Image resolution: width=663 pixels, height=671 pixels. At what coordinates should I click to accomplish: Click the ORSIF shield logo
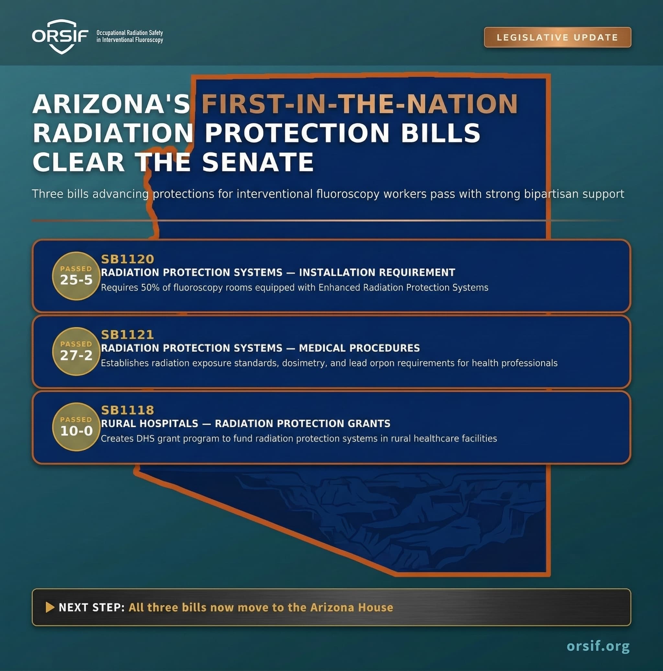tap(61, 37)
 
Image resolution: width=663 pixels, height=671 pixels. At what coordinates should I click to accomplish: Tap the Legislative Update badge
tap(557, 37)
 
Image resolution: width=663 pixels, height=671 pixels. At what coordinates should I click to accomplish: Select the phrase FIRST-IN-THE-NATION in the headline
tap(360, 104)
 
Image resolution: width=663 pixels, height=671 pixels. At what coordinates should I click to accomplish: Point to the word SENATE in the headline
tap(258, 162)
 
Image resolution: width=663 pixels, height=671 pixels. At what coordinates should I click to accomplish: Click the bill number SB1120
tap(128, 259)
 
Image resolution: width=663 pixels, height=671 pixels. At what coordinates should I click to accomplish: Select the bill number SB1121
tap(128, 335)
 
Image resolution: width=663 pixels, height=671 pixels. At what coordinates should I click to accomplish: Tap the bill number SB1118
tap(128, 410)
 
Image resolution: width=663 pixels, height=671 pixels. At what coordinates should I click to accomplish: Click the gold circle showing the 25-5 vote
tap(76, 276)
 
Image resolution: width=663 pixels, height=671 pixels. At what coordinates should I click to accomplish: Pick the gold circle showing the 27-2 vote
tap(76, 351)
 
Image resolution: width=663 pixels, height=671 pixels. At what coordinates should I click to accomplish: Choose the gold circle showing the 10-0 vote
tap(76, 427)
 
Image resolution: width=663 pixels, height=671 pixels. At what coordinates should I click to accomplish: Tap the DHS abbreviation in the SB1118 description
tap(146, 439)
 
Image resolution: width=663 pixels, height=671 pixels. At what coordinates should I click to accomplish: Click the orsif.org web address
tap(598, 646)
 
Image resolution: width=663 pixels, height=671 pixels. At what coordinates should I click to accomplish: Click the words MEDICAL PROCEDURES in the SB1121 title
tap(359, 348)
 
